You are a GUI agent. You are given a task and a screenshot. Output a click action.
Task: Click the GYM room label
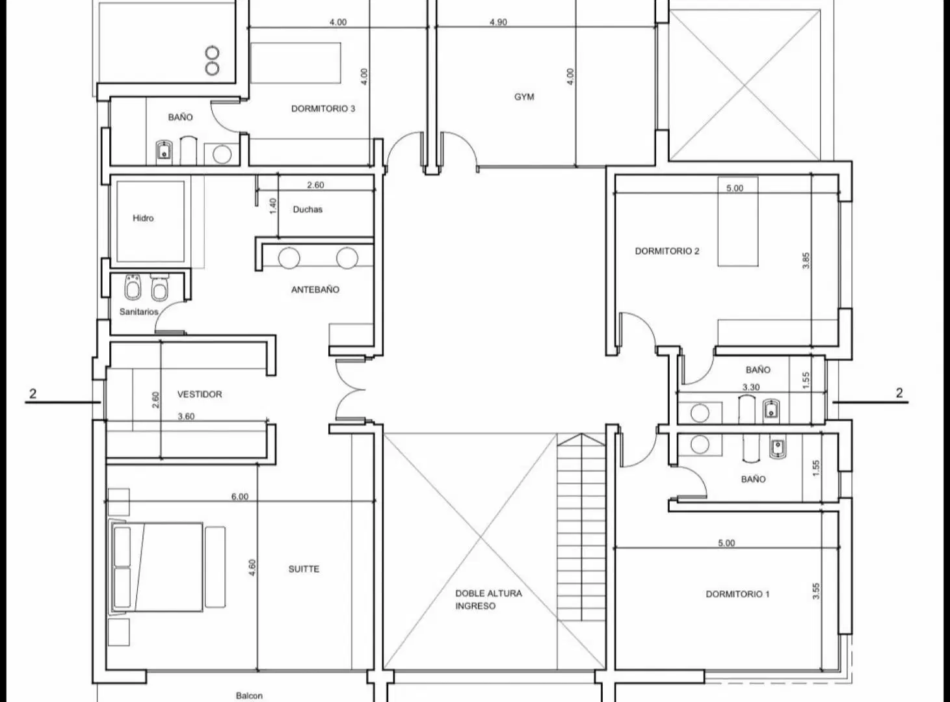click(x=524, y=97)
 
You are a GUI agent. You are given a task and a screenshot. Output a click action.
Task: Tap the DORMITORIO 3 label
click(x=323, y=109)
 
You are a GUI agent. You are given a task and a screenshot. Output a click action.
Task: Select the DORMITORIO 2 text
click(x=667, y=251)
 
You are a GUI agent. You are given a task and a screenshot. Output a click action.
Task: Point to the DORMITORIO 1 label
click(x=737, y=594)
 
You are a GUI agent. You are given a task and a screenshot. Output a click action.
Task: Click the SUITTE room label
click(x=304, y=569)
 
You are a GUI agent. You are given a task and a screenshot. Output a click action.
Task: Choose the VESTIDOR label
click(x=200, y=394)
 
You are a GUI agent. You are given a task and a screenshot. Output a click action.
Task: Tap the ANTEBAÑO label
click(x=315, y=289)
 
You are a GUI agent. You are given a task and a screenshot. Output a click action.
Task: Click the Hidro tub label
click(x=143, y=218)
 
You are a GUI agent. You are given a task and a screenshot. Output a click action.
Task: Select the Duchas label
click(x=308, y=209)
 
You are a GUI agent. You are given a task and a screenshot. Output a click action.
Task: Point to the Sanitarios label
click(x=139, y=312)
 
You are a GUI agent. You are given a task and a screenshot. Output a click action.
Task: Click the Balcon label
click(x=249, y=696)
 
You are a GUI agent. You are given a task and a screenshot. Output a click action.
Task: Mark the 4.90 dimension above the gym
click(x=498, y=22)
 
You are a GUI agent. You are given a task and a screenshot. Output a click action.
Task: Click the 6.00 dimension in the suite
click(x=240, y=497)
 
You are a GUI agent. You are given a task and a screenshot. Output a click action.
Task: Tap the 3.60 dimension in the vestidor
click(x=186, y=416)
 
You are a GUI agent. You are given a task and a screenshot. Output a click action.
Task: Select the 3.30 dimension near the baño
click(x=751, y=387)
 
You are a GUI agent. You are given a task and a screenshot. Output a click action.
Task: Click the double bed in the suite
click(x=156, y=567)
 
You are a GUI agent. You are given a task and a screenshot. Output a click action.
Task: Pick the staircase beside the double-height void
click(x=582, y=526)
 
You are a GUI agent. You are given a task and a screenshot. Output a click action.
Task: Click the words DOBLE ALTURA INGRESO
click(x=488, y=600)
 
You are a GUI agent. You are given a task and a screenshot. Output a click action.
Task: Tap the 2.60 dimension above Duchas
click(x=315, y=185)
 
